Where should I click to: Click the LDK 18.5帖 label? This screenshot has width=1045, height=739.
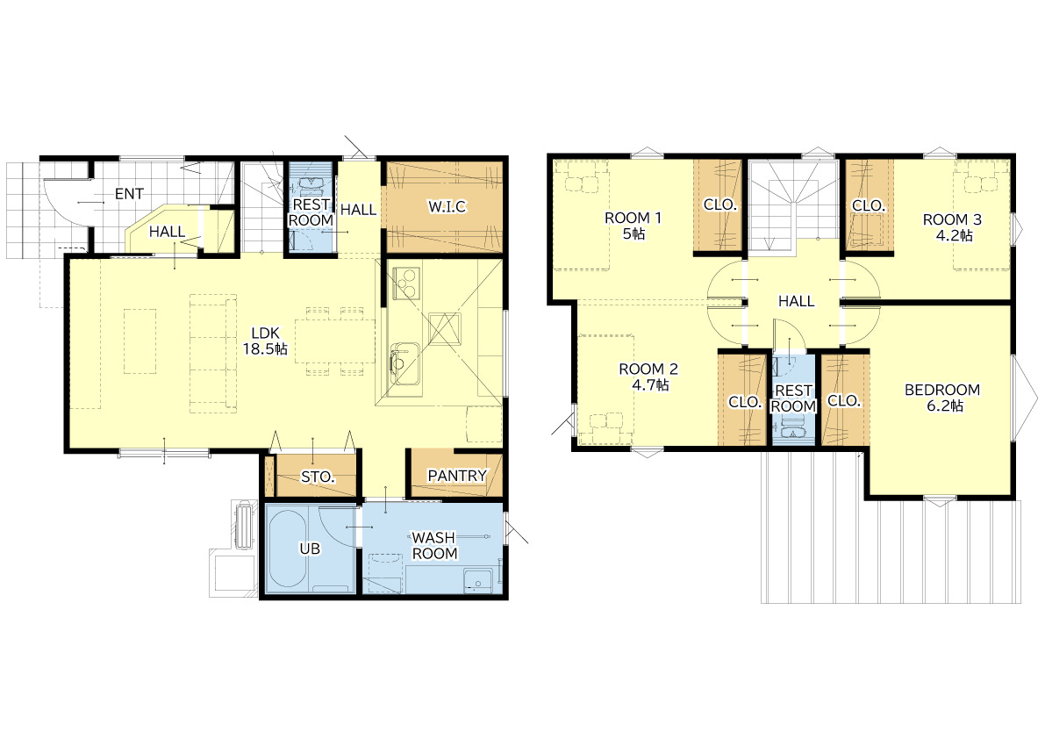click(x=265, y=341)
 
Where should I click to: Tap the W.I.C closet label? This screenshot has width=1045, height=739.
click(x=447, y=206)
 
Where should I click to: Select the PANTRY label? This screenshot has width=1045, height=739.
click(x=457, y=476)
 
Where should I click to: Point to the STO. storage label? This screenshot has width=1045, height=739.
click(x=318, y=477)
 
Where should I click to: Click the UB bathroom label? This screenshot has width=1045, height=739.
click(x=310, y=549)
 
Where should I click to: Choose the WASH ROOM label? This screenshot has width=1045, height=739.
click(x=433, y=545)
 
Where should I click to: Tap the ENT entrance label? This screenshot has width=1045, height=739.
click(x=129, y=194)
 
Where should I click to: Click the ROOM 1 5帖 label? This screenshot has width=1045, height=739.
click(x=633, y=226)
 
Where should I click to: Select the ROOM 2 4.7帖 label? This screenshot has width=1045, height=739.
click(x=648, y=377)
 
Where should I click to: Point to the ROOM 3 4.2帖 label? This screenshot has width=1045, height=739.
click(x=952, y=227)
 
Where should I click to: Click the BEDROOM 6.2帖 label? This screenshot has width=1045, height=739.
click(x=942, y=398)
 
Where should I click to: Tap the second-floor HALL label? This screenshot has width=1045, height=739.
click(x=797, y=301)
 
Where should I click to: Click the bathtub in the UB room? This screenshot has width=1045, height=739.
click(x=288, y=549)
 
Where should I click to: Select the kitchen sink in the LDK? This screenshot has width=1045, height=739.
click(x=404, y=365)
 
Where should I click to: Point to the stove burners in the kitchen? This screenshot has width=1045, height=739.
click(x=406, y=283)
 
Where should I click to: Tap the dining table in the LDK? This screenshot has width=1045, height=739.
click(x=334, y=340)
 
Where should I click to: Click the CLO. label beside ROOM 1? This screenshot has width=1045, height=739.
click(x=719, y=205)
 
